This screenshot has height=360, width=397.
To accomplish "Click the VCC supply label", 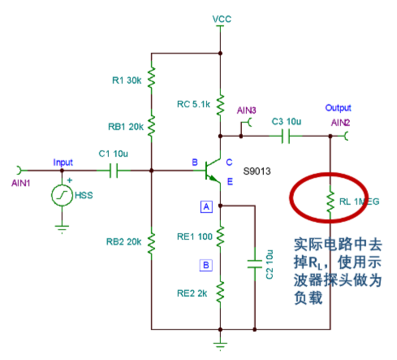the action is (222, 19).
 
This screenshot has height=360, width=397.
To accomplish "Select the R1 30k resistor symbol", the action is (151, 78).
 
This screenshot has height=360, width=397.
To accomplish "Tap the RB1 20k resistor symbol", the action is (151, 126).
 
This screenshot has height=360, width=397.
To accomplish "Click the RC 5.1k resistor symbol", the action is (220, 105).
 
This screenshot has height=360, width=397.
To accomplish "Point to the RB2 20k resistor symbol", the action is (151, 244).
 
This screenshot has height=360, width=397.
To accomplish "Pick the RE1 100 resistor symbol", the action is (220, 236).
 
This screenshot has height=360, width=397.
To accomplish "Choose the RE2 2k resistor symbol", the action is (220, 292).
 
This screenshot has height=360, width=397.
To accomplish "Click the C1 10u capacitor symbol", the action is (114, 171).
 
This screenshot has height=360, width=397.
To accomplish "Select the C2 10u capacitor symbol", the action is (255, 264).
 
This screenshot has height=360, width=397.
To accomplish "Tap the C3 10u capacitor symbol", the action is (286, 136).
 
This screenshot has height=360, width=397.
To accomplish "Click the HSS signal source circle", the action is (62, 195).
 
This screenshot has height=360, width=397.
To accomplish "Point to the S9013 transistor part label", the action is (257, 171).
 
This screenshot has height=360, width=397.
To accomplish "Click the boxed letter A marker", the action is (206, 207).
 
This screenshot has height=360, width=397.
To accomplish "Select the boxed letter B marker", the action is (206, 265).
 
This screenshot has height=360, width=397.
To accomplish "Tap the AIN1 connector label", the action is (21, 184).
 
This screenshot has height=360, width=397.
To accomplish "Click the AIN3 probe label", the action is (247, 111).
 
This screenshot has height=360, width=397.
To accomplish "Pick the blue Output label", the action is (338, 108).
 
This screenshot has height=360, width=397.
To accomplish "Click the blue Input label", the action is (63, 163).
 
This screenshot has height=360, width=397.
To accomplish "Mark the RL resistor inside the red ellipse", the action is (330, 202).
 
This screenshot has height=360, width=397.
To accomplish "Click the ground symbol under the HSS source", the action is (62, 228).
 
